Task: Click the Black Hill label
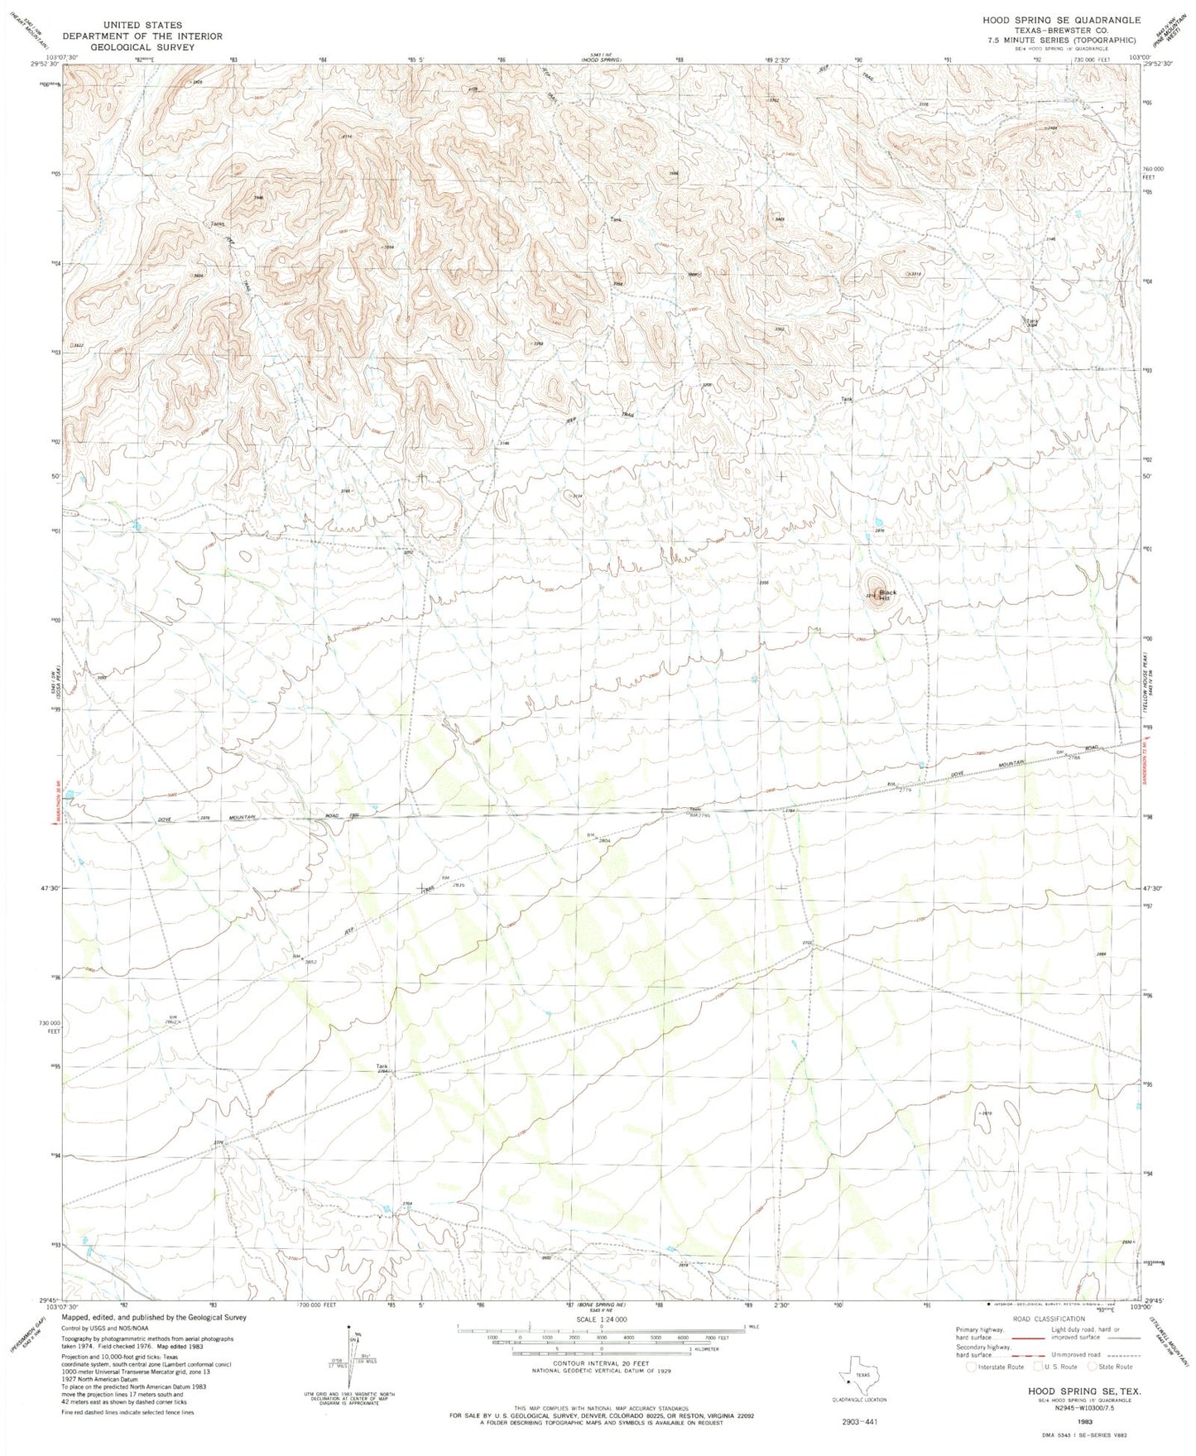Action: tap(888, 596)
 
